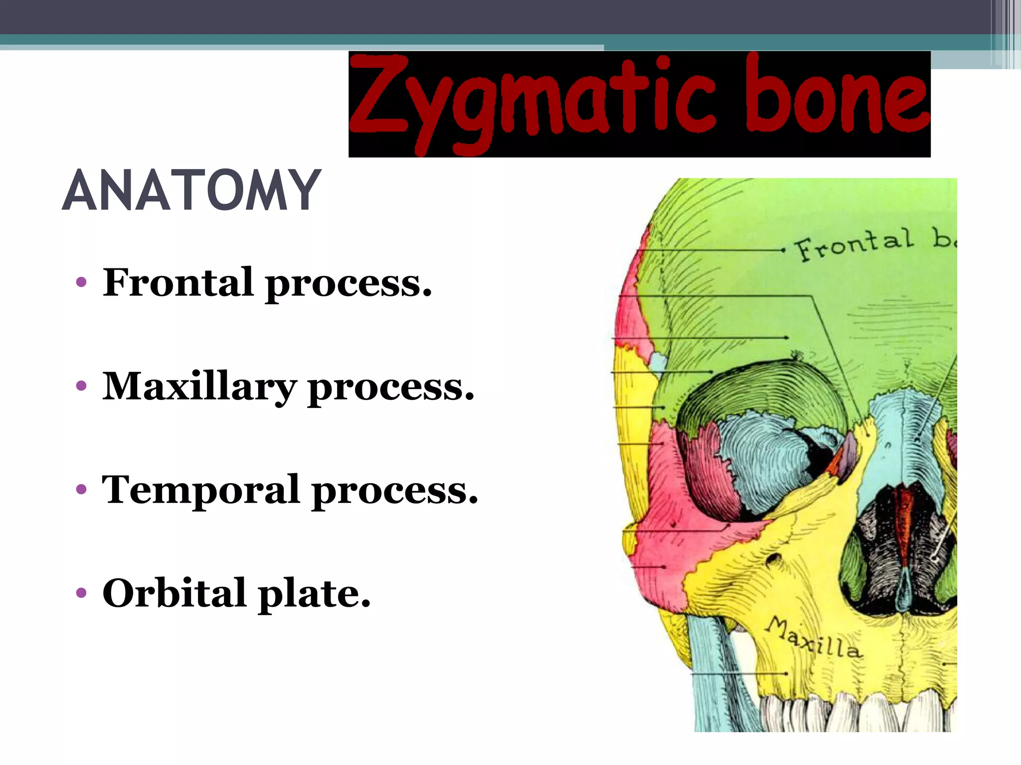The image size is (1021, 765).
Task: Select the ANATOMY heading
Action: coord(191,190)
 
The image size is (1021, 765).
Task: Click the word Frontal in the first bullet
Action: coord(178,282)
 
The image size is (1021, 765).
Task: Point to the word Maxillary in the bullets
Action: coord(199,387)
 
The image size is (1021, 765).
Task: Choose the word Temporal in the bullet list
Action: coord(200,490)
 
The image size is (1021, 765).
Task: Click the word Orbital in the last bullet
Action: coord(174,593)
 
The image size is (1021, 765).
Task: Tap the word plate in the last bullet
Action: coord(315,594)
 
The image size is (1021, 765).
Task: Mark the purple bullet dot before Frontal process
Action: coord(81,283)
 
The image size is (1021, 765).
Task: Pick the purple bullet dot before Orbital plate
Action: coord(81,593)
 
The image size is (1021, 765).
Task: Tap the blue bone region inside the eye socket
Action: coord(758,458)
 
